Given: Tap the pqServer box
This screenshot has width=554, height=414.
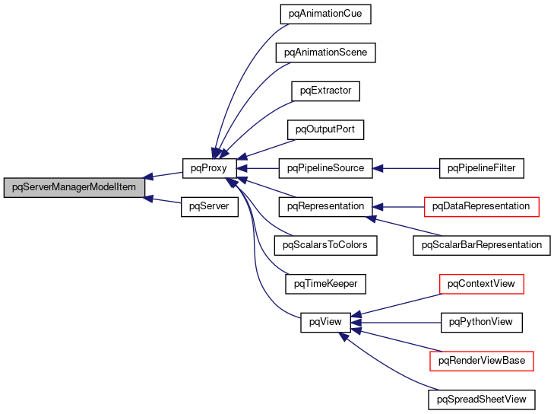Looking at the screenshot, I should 205,206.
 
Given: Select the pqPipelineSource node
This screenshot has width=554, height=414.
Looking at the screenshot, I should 325,167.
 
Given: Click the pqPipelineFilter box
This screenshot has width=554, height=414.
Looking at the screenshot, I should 482,167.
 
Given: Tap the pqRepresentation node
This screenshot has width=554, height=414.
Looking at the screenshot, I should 325,206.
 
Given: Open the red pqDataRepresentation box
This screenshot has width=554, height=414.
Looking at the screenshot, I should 482,206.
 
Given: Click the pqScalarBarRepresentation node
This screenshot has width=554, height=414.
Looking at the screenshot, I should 482,245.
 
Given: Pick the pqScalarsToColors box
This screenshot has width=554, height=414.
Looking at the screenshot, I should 325,245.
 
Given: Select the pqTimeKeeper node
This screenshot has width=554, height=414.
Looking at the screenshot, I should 325,284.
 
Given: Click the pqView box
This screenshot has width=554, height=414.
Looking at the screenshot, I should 325,322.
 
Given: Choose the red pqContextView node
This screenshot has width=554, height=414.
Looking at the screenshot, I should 482,284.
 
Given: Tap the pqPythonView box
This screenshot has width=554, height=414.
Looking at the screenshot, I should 482,322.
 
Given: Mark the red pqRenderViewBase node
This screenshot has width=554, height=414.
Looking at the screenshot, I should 482,361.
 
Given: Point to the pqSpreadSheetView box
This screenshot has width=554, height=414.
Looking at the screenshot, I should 482,399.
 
